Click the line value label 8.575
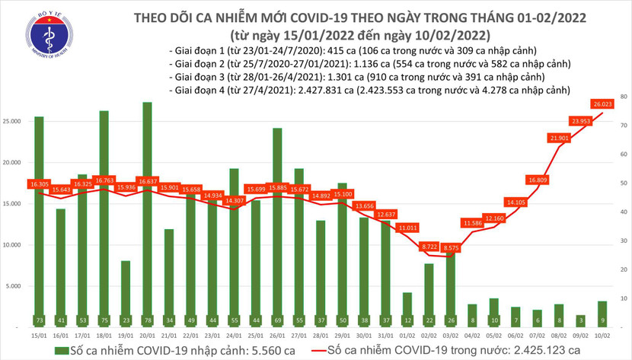click(452, 248)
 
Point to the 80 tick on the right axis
click(623, 97)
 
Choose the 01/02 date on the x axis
click(408, 334)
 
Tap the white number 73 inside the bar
click(39, 320)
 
